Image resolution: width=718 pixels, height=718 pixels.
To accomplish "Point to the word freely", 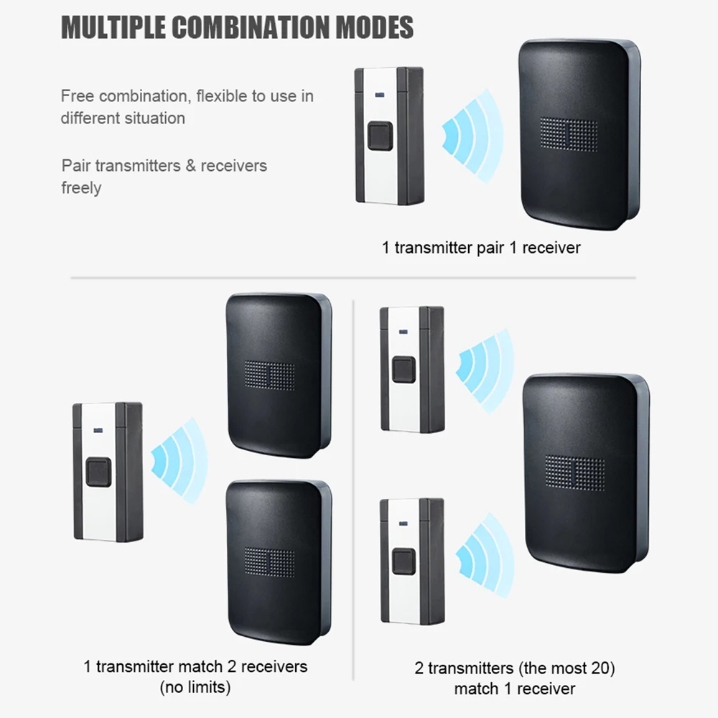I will (x=81, y=188).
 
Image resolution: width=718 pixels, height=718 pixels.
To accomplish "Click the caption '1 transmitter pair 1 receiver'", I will (x=481, y=248).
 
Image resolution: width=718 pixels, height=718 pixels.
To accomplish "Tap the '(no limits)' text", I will (x=195, y=687).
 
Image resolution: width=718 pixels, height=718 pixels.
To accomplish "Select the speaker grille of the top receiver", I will (x=569, y=134).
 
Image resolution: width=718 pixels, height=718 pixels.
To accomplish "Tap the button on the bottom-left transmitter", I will (x=98, y=472).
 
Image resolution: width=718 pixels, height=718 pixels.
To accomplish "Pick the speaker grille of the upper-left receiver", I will (x=269, y=375).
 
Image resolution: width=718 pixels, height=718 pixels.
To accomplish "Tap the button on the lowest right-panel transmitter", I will (x=404, y=560).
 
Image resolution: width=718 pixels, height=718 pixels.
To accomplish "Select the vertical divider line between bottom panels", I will (x=353, y=488).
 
